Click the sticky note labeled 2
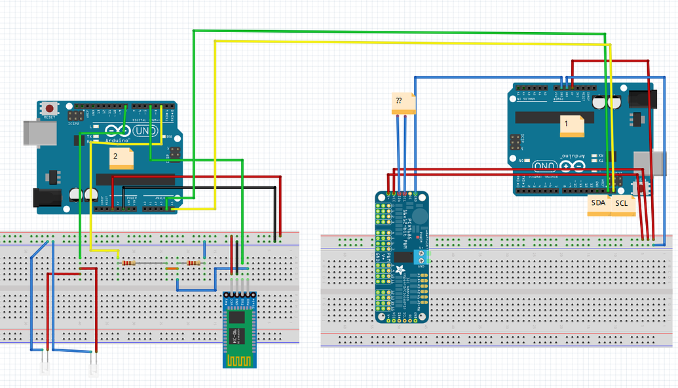[122, 158]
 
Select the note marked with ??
[403, 104]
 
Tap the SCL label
[622, 204]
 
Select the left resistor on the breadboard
[128, 263]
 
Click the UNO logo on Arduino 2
[145, 131]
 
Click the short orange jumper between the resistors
[172, 269]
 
